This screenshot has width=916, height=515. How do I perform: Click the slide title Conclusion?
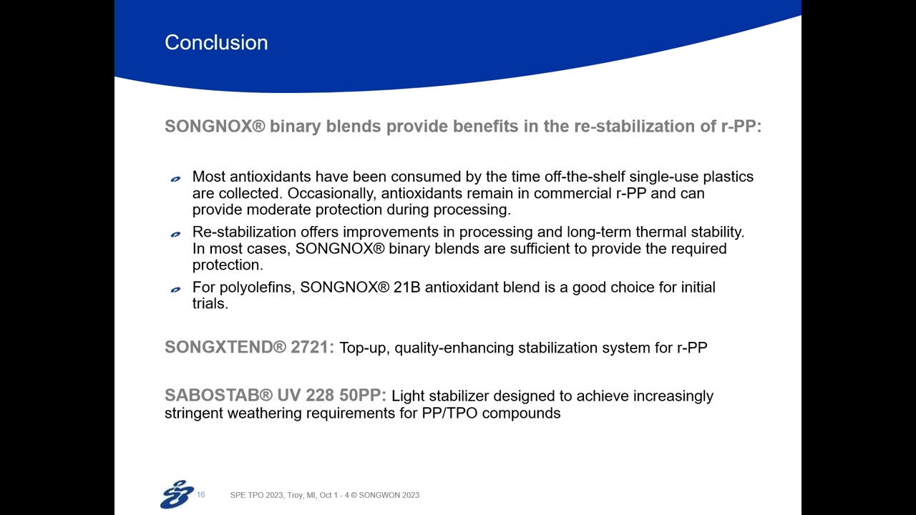point(216,43)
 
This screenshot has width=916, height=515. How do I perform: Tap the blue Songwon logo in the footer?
point(177,494)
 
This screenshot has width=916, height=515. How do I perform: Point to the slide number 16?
point(201,494)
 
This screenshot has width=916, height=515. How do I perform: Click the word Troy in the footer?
point(294,495)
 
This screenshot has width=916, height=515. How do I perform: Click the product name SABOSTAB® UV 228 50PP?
point(276,396)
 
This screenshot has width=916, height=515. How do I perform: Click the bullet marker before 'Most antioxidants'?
point(175,179)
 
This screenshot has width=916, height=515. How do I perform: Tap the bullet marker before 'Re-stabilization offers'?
point(175,234)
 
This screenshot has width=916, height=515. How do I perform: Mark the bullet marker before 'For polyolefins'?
point(175,289)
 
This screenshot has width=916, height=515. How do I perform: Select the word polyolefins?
point(253,288)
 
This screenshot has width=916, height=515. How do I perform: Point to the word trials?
point(210,303)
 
